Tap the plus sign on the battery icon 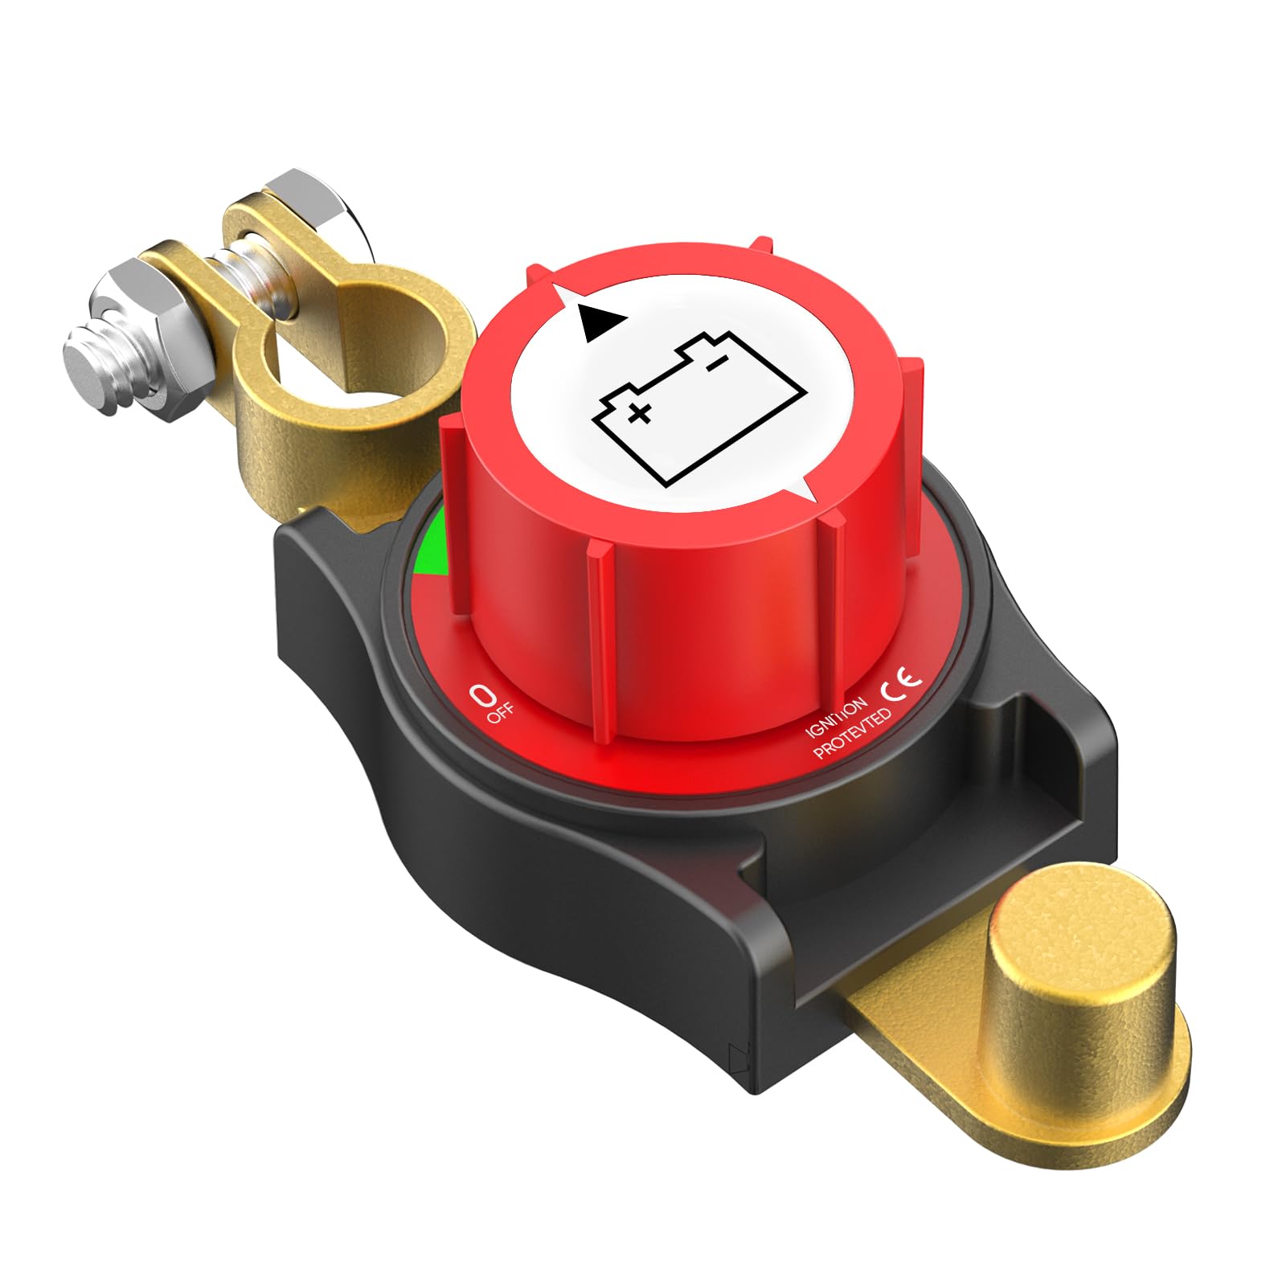(x=639, y=415)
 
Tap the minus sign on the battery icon (x=713, y=367)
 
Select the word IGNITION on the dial (x=837, y=718)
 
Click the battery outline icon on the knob (x=698, y=410)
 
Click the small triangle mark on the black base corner (x=735, y=1054)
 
